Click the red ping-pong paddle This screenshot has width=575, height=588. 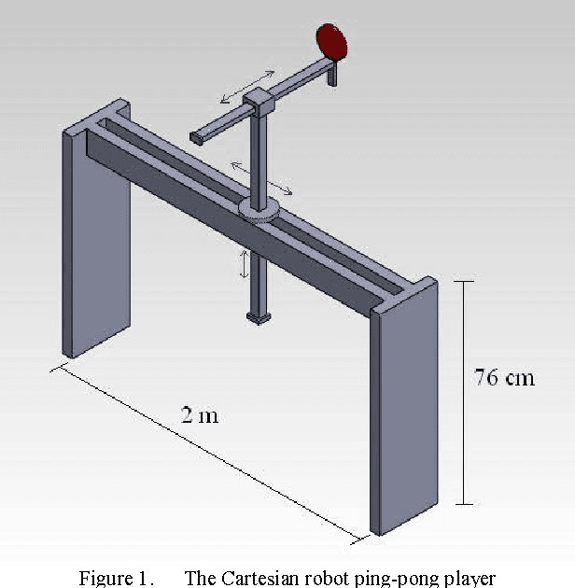(331, 39)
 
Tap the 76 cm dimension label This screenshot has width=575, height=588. (505, 378)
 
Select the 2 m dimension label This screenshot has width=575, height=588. (200, 414)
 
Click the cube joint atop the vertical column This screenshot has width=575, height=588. (257, 101)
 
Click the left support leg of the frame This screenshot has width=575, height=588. (96, 243)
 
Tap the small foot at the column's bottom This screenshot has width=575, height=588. (259, 318)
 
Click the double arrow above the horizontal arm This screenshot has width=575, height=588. (247, 86)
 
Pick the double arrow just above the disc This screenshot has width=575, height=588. (261, 177)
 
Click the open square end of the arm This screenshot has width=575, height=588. (195, 137)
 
